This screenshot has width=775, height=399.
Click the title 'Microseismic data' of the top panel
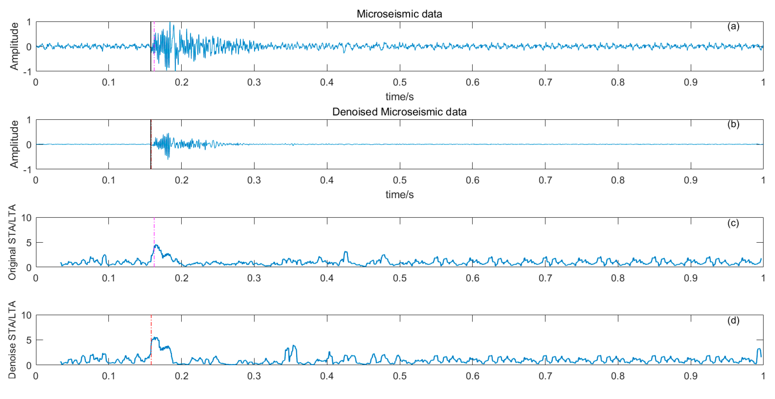point(399,14)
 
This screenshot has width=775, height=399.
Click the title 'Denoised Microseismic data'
point(399,112)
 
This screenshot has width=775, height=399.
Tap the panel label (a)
point(733,26)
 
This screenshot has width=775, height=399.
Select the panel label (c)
point(733,223)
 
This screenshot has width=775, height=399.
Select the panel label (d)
point(733,320)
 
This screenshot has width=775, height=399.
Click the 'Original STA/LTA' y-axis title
point(12,242)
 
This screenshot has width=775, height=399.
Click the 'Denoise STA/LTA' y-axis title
point(12,340)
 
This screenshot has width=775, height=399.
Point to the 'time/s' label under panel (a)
point(400,97)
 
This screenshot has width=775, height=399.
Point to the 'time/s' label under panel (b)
point(400,195)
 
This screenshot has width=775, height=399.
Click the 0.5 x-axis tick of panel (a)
point(400,82)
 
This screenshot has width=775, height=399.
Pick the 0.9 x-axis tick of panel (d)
point(691,376)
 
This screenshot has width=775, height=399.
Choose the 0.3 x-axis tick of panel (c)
point(254,278)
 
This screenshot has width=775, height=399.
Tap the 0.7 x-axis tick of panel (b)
point(545,180)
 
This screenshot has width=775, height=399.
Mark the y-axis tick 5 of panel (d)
point(29,340)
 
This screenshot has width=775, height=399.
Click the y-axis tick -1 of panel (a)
point(27,72)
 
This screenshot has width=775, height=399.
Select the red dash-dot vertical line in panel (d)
point(151,328)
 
